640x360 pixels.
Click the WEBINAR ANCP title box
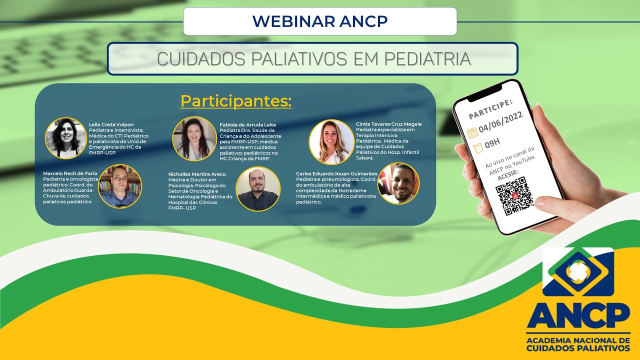(x=320, y=21)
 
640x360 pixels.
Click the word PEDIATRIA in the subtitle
(x=427, y=58)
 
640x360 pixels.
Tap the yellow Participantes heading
(x=235, y=101)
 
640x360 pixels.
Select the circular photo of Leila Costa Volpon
(x=65, y=138)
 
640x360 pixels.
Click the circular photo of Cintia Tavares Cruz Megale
(x=331, y=142)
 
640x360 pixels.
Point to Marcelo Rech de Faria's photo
(x=120, y=185)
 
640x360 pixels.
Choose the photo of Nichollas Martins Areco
(x=257, y=188)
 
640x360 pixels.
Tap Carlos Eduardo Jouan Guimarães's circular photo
(x=398, y=183)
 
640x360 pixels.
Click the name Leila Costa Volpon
(x=111, y=124)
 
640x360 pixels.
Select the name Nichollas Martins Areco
(x=196, y=174)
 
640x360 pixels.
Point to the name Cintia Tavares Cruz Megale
(x=388, y=124)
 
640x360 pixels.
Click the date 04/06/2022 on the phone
(x=500, y=121)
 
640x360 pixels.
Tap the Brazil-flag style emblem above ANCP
(x=577, y=271)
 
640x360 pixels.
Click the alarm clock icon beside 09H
(x=478, y=148)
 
